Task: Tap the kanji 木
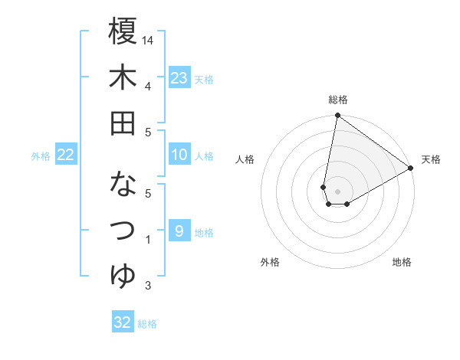point(123,77)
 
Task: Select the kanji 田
point(123,123)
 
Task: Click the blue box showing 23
point(179,78)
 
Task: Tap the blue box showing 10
point(179,155)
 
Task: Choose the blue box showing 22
point(66,155)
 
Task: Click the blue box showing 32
point(123,322)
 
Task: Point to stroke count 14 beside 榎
point(149,39)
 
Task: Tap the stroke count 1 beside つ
point(148,241)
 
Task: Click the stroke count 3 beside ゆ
point(148,286)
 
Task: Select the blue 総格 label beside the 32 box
point(147,324)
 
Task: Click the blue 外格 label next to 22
point(41,156)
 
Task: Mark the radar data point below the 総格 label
point(337,116)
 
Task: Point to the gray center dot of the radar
point(337,189)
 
